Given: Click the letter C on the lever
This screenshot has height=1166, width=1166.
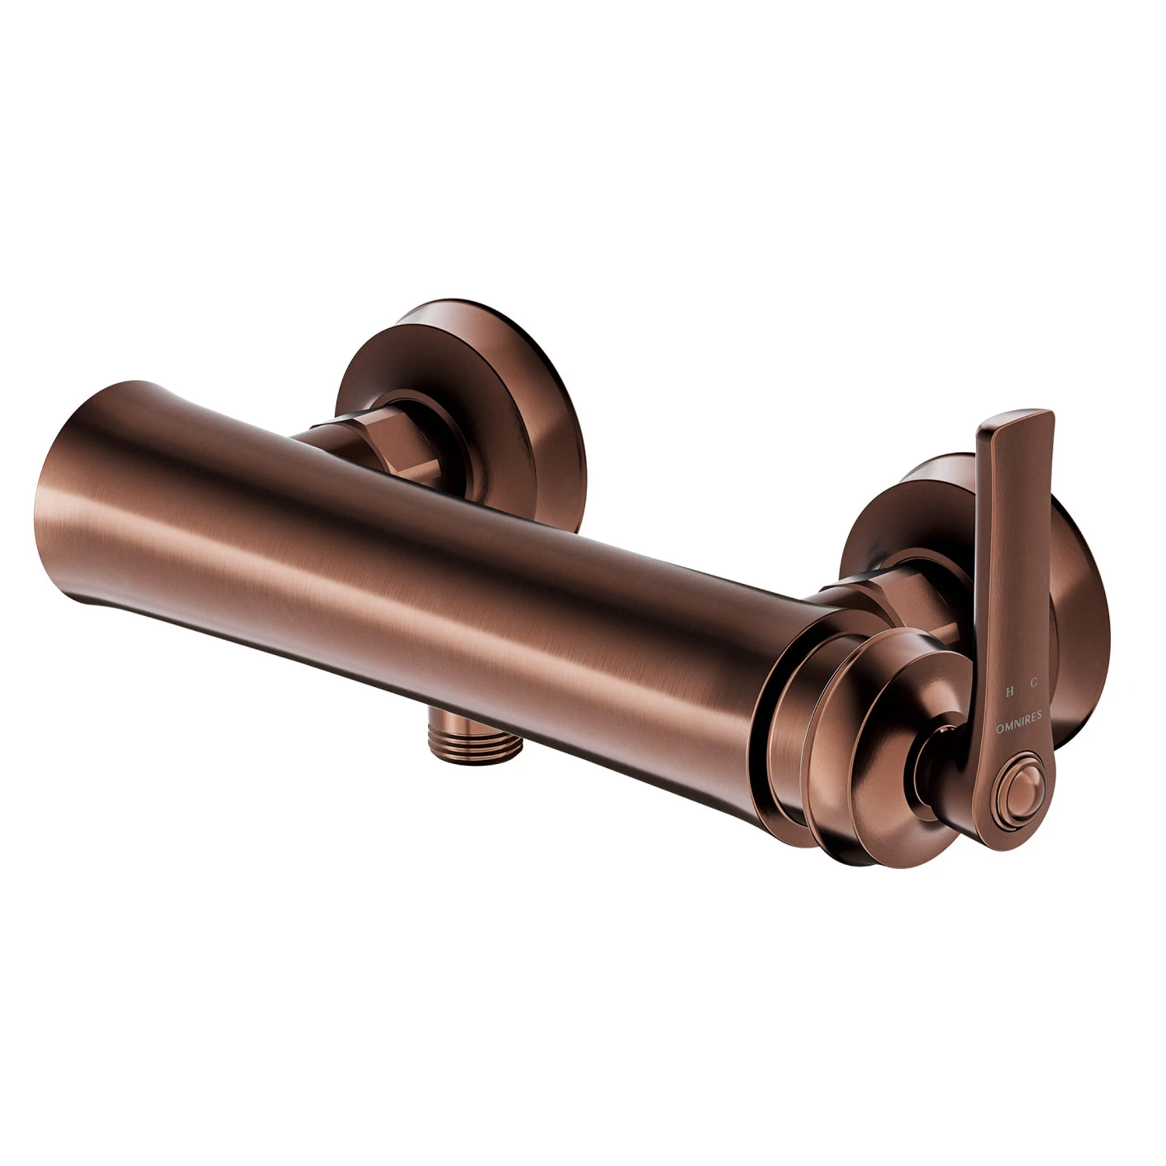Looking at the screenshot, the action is point(1034,683).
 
